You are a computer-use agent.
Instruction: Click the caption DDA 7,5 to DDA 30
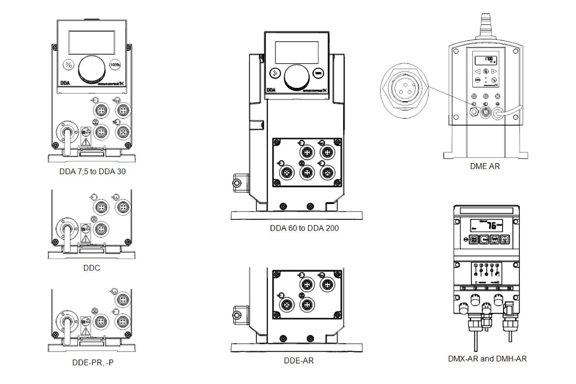(x=92, y=171)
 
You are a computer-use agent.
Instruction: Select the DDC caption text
(x=91, y=268)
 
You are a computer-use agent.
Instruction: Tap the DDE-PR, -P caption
(x=93, y=362)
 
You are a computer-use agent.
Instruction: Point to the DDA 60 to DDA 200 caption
(x=304, y=228)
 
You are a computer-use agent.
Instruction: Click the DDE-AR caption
(x=299, y=361)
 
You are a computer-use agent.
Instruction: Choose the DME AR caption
(x=485, y=166)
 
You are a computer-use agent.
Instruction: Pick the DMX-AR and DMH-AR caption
(x=487, y=359)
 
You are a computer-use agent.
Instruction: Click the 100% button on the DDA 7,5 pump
(x=115, y=65)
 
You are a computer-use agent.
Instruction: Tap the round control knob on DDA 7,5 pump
(x=92, y=69)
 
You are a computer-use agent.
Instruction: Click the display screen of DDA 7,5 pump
(x=92, y=42)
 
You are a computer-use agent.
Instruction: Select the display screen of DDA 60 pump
(x=297, y=53)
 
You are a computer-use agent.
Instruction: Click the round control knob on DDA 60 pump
(x=297, y=77)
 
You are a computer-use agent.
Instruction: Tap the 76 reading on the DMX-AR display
(x=491, y=225)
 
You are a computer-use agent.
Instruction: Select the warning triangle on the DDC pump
(x=86, y=238)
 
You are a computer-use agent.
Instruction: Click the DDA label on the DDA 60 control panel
(x=271, y=90)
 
